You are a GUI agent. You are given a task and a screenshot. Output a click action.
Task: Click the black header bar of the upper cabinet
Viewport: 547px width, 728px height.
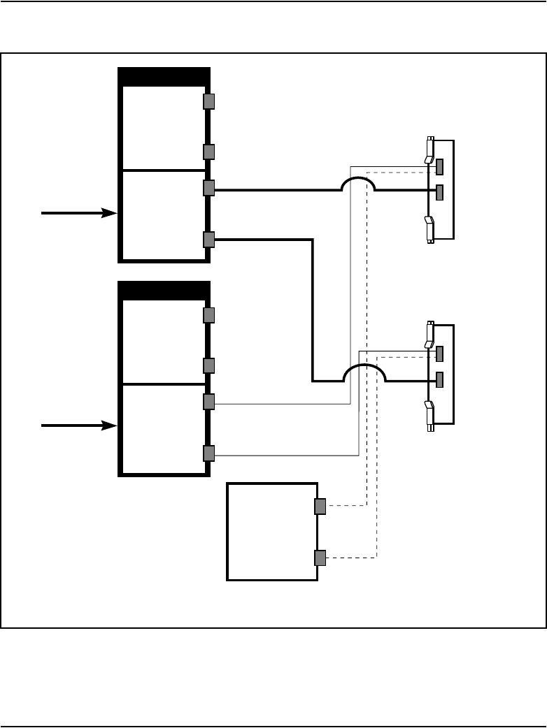(x=164, y=76)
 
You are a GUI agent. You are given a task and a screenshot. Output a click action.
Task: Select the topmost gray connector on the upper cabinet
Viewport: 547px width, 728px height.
(x=208, y=101)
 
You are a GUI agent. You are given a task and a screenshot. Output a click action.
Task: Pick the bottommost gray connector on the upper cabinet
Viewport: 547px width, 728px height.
(x=208, y=240)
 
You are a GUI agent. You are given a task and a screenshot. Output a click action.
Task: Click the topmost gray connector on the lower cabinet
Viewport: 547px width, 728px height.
(x=208, y=315)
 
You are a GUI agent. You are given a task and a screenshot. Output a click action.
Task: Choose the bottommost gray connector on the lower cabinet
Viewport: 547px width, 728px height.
(x=208, y=453)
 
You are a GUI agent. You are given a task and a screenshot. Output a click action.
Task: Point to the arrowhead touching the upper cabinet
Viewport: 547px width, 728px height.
(x=109, y=212)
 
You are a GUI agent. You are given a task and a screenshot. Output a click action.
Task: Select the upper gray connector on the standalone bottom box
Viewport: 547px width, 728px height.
(x=320, y=507)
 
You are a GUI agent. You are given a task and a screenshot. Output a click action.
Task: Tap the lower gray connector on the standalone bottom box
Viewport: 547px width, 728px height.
(x=320, y=558)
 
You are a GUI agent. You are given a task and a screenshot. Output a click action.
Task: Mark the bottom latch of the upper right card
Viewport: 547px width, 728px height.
(x=429, y=229)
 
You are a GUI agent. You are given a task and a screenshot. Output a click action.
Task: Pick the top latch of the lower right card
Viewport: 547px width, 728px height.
(x=429, y=335)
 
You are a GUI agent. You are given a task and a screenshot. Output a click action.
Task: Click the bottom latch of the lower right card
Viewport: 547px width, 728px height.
(x=429, y=414)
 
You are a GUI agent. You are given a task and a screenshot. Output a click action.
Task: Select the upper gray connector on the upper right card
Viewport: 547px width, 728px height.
(x=439, y=167)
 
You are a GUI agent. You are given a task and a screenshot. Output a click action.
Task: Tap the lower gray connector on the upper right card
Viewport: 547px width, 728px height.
(x=439, y=191)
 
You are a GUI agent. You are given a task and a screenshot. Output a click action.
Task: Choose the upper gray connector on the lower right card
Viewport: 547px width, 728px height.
(x=439, y=354)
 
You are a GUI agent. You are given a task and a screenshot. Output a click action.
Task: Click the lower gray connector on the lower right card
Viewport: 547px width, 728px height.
(x=439, y=380)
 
